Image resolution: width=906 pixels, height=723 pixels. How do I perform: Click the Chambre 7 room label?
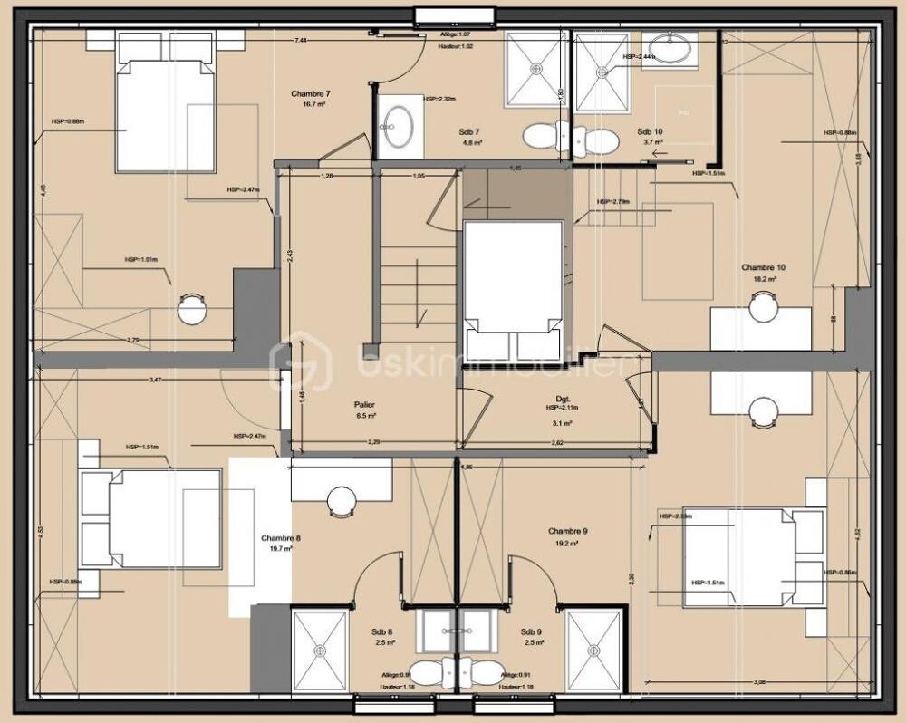pos(310,93)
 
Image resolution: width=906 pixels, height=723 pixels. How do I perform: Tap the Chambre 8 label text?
pos(280,537)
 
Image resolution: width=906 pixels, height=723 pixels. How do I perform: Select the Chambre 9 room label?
pos(568,531)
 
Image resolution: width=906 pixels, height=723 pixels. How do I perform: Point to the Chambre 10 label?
pos(763,267)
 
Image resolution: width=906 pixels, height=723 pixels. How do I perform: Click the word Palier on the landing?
pos(365,405)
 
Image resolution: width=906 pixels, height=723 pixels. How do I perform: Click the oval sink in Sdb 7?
pos(398,126)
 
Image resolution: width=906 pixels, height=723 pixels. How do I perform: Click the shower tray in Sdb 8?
pos(320,649)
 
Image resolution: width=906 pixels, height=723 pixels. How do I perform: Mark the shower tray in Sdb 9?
pos(594,649)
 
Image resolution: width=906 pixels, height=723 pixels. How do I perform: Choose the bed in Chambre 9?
pos(739,557)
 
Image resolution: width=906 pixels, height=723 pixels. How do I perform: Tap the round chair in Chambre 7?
pos(192,310)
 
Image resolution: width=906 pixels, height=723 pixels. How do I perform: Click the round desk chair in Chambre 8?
pos(343,499)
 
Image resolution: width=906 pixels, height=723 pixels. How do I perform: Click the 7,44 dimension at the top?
pos(301,40)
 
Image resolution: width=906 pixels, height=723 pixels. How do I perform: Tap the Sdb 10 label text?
pos(649,131)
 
